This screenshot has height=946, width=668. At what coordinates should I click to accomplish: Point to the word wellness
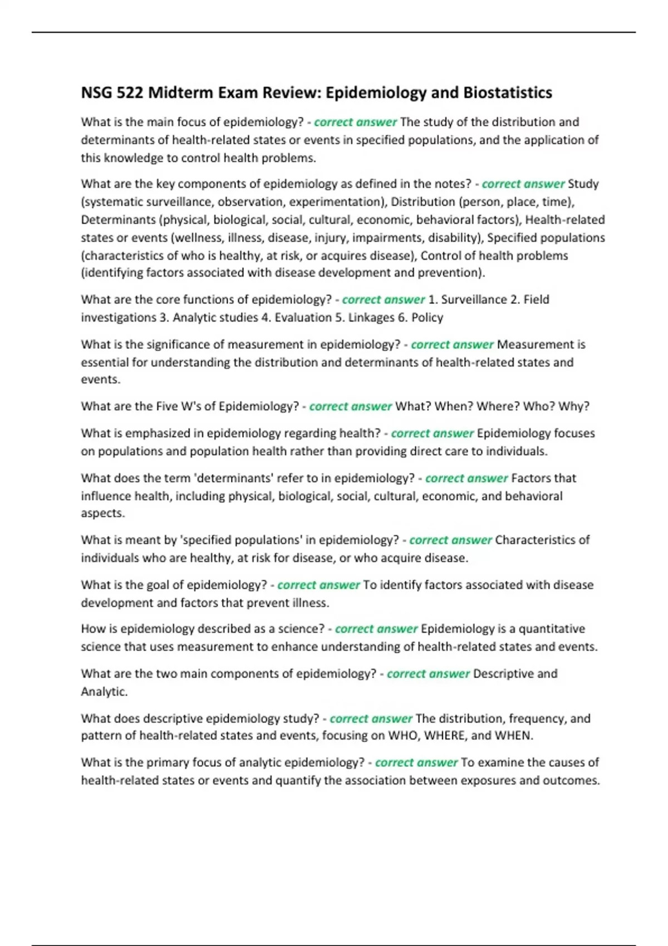(x=199, y=238)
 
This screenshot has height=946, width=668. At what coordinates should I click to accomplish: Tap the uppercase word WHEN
(x=513, y=736)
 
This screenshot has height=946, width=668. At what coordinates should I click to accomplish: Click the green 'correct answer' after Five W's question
(x=350, y=406)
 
